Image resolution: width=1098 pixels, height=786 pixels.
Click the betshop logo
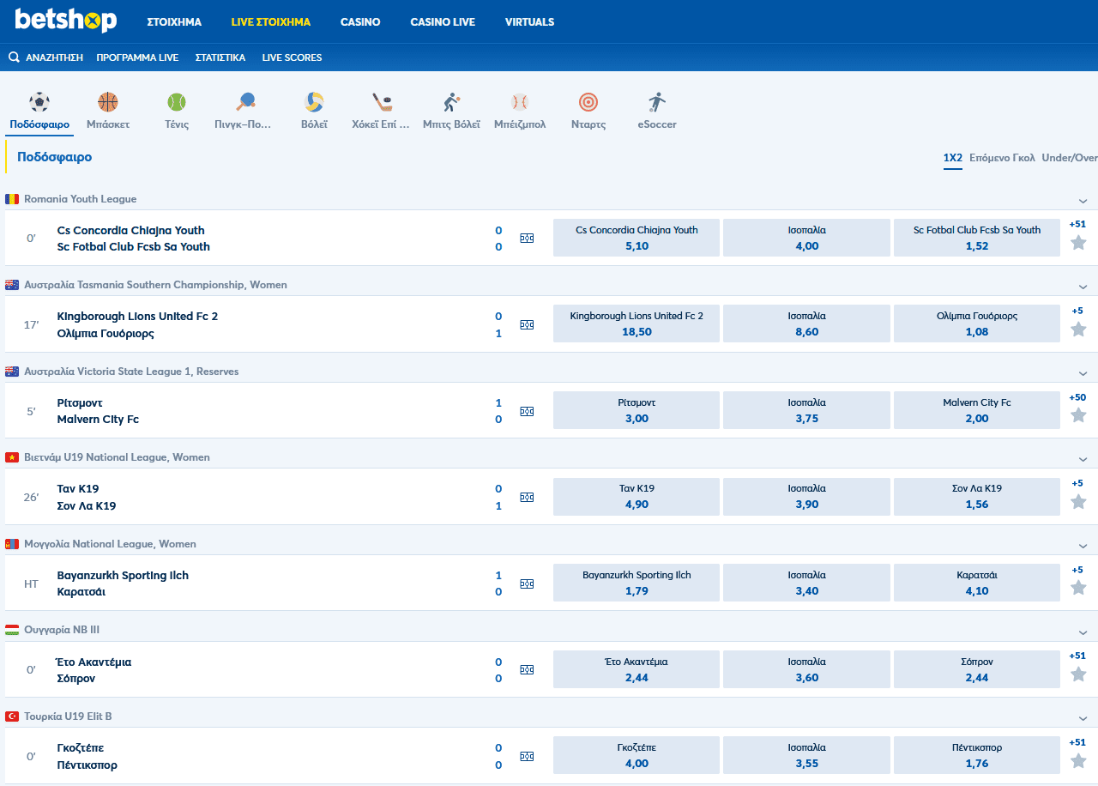pyautogui.click(x=65, y=21)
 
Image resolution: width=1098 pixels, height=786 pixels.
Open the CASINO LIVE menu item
pyautogui.click(x=443, y=22)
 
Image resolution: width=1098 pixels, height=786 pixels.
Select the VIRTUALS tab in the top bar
pyautogui.click(x=529, y=22)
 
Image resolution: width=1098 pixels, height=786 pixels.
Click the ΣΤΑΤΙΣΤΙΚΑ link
pyautogui.click(x=220, y=57)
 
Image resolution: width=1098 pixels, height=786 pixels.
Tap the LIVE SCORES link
pyautogui.click(x=292, y=57)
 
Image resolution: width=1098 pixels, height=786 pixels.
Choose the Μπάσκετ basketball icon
pyautogui.click(x=108, y=103)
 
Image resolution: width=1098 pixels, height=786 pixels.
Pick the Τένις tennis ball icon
pyautogui.click(x=177, y=103)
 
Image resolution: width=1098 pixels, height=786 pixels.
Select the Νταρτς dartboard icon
pyautogui.click(x=588, y=103)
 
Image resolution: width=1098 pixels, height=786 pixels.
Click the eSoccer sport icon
pyautogui.click(x=657, y=103)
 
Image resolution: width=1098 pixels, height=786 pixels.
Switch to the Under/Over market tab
pyautogui.click(x=1070, y=158)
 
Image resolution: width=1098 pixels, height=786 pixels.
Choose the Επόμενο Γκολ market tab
pyautogui.click(x=1002, y=158)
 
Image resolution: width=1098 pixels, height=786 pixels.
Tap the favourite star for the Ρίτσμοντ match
pyautogui.click(x=1078, y=415)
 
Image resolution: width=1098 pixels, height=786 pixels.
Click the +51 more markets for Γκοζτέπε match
pyautogui.click(x=1077, y=742)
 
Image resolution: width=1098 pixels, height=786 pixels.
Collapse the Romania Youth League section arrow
pyautogui.click(x=1083, y=201)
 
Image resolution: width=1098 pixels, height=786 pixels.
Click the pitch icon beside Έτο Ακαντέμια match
pyautogui.click(x=527, y=670)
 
